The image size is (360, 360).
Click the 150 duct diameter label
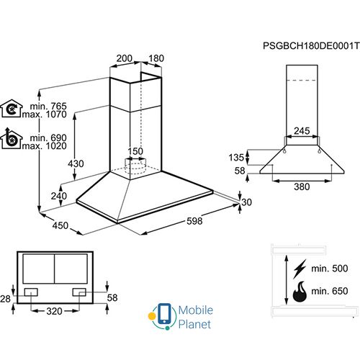click(x=135, y=151)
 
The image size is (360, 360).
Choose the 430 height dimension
click(x=76, y=164)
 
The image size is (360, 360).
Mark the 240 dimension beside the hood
click(x=58, y=196)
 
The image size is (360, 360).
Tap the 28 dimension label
click(x=6, y=298)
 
